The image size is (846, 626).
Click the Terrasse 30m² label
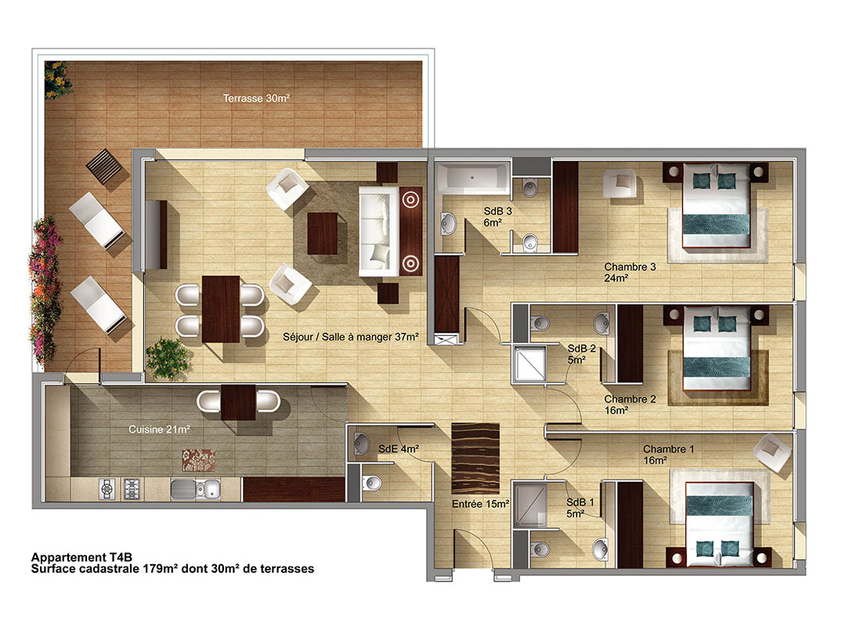coord(256,98)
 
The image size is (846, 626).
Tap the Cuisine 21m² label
coord(159,429)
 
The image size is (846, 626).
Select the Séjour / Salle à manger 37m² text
coord(351,337)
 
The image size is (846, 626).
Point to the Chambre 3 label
coord(630,267)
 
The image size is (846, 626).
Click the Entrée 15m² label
coord(481,504)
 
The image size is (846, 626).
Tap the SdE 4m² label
coord(399,448)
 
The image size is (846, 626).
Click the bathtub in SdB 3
coord(472,178)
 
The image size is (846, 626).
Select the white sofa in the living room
coord(379,232)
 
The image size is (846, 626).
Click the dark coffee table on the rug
coord(323,233)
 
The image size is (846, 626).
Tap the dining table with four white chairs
coord(221,310)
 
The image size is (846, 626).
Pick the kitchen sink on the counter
coord(196,488)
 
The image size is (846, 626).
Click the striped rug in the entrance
coord(475,459)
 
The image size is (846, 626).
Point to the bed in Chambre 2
coord(717,348)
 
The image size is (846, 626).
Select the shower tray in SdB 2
coord(530,364)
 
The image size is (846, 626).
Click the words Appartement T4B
coord(81,557)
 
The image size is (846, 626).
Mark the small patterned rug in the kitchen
coord(198,460)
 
